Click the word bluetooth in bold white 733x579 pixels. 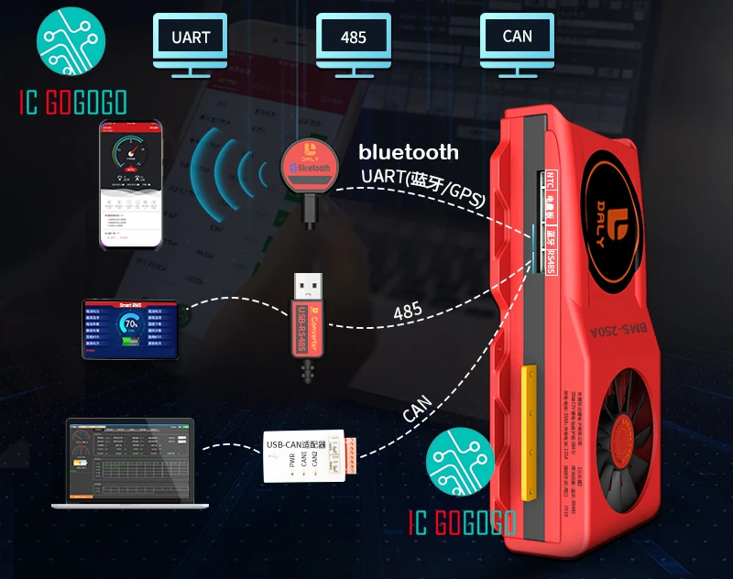click(408, 152)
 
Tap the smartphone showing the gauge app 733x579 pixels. click(133, 183)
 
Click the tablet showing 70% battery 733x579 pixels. click(130, 328)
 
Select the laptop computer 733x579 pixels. click(126, 462)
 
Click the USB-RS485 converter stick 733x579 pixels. click(307, 321)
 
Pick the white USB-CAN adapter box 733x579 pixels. click(301, 455)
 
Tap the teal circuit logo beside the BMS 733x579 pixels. click(461, 462)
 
